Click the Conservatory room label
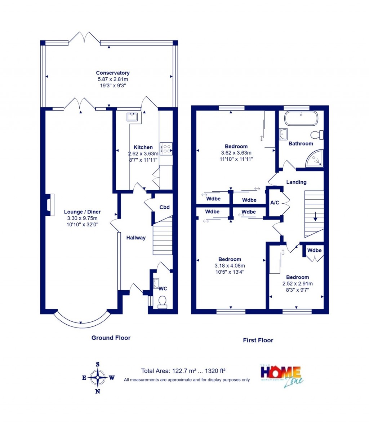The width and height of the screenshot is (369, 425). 112,73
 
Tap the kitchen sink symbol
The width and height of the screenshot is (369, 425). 131,117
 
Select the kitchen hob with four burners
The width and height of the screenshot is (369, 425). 166,149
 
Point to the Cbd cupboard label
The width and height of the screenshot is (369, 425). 164,207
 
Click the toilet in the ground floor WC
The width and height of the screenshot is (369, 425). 163,302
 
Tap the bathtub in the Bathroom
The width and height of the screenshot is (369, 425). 301,118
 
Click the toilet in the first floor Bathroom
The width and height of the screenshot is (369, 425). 317,135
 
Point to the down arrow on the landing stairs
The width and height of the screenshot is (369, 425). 315,216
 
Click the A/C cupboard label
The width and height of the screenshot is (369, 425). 275,203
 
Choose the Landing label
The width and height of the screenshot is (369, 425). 296,182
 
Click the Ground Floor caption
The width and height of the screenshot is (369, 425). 111,338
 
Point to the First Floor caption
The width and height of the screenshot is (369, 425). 258,340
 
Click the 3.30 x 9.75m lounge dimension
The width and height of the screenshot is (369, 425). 82,218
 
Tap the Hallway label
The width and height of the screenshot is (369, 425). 136,238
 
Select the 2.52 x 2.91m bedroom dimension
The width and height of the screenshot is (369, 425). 297,283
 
